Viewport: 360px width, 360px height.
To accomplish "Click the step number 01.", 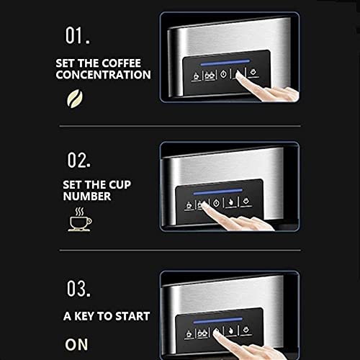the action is click(x=78, y=35).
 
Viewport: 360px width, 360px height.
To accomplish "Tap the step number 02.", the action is click(x=79, y=160).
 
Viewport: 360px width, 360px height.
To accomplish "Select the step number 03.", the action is click(x=78, y=288).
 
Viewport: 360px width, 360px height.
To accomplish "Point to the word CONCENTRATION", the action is click(x=103, y=75).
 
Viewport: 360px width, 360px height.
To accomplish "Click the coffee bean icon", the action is click(x=75, y=99).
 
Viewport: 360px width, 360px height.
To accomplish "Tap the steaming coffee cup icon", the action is click(x=80, y=220).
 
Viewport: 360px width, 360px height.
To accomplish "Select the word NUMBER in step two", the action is click(x=87, y=197).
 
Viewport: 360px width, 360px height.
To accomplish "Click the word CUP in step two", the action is click(x=120, y=185).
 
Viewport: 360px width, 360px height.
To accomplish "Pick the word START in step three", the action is click(x=132, y=316).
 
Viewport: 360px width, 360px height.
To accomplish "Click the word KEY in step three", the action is click(x=84, y=316).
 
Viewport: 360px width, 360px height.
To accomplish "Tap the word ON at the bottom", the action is click(x=76, y=344).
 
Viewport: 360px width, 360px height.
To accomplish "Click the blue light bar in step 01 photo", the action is click(x=225, y=63).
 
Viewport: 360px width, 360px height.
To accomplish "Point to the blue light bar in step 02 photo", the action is click(x=218, y=192).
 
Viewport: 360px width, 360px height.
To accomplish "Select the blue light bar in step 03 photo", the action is click(x=218, y=320).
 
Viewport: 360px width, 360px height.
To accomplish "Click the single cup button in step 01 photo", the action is click(x=197, y=76).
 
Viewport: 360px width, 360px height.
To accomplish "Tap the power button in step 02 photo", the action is click(x=217, y=204).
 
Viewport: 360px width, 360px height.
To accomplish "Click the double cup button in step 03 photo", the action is click(x=202, y=333).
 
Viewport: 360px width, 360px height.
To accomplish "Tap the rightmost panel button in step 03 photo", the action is click(x=246, y=330).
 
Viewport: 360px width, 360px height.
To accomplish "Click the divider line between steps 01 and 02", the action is click(x=180, y=126).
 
